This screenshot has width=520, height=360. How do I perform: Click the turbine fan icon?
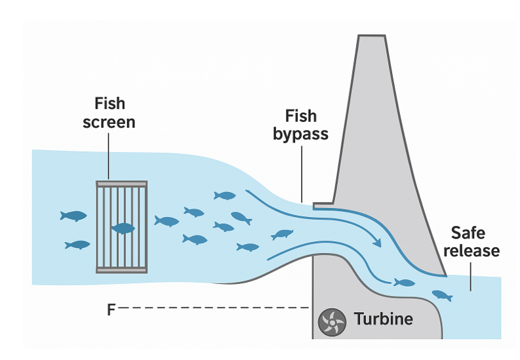click(332, 321)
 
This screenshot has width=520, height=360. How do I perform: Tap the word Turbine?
click(384, 320)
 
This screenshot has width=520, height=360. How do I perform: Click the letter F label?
click(112, 308)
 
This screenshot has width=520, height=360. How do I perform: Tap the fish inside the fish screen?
click(123, 228)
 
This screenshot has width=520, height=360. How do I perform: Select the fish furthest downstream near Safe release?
click(442, 295)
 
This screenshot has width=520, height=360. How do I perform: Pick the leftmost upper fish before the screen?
click(73, 216)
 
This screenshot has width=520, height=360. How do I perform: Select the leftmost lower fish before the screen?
click(77, 245)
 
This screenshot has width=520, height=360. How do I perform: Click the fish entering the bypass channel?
click(282, 234)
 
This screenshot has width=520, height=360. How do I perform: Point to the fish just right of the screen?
click(167, 221)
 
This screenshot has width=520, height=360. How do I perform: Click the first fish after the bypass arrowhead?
click(404, 283)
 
